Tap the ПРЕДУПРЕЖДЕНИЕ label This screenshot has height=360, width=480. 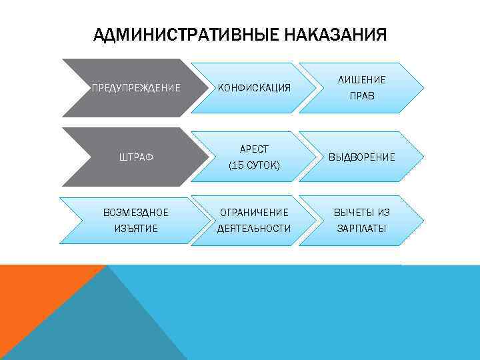[x=136, y=87]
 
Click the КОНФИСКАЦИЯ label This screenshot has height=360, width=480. [x=254, y=87]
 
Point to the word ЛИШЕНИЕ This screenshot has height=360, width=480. [x=362, y=79]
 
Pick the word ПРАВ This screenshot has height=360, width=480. [x=362, y=96]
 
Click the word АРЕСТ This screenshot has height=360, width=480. [x=254, y=149]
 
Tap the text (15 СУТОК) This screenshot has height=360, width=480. [x=254, y=165]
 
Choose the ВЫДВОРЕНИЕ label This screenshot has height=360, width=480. [x=362, y=157]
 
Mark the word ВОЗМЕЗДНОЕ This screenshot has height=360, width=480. [x=136, y=213]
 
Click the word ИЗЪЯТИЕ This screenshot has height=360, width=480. [x=136, y=229]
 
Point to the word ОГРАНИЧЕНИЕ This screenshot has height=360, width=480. [x=254, y=213]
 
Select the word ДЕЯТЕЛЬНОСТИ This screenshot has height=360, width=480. [x=254, y=229]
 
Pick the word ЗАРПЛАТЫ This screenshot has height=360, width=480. [x=362, y=229]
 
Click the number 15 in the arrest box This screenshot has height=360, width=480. [x=237, y=165]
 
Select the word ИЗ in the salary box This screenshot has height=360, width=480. [x=383, y=213]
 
